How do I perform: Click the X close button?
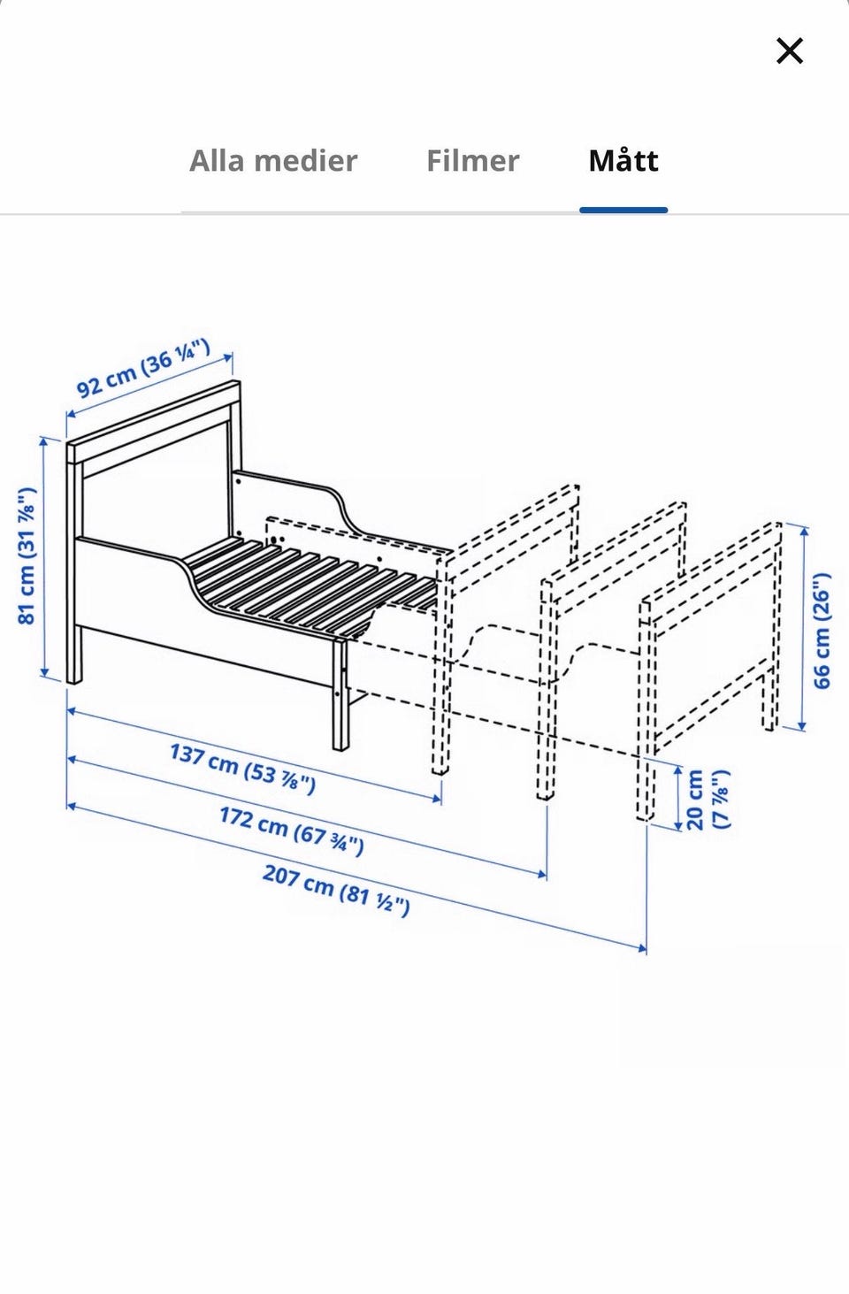point(789,50)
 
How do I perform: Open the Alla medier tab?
point(273,160)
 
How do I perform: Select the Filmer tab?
point(472,160)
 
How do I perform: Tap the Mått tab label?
point(623,160)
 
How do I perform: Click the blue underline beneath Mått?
point(623,210)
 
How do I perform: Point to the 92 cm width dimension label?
point(143,370)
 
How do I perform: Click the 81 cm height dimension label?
point(27,556)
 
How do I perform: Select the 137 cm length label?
point(242,770)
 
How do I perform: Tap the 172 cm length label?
point(292,831)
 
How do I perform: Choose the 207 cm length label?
point(336,891)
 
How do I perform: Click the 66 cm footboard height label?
point(822,631)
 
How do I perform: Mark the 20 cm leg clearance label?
point(708,800)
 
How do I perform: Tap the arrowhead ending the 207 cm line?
point(641,946)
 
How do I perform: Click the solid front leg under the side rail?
point(340,693)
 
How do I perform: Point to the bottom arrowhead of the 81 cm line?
point(44,672)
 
